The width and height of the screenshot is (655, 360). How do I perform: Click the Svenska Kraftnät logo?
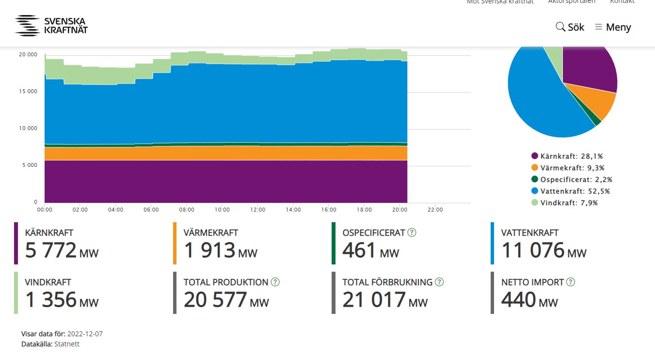click(51, 26)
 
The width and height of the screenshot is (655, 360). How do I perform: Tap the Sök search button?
click(570, 27)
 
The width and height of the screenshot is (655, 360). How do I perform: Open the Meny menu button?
click(613, 27)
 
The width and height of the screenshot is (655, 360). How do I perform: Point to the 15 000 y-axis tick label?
click(28, 91)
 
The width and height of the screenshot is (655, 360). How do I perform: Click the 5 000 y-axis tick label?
click(30, 165)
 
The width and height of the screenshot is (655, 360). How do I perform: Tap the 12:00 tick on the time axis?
click(258, 210)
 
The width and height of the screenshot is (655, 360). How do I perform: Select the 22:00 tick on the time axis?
click(435, 210)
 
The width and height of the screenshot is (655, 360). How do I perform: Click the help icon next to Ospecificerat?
click(412, 232)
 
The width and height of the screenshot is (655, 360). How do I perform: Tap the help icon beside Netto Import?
click(570, 282)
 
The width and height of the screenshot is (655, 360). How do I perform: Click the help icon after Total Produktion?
click(275, 282)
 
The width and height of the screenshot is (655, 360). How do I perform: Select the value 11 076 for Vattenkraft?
click(533, 250)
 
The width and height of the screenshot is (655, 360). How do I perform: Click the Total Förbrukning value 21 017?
click(374, 300)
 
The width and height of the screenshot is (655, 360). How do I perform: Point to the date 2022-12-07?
click(85, 334)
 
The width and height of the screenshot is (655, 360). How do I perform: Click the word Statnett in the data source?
click(67, 344)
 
